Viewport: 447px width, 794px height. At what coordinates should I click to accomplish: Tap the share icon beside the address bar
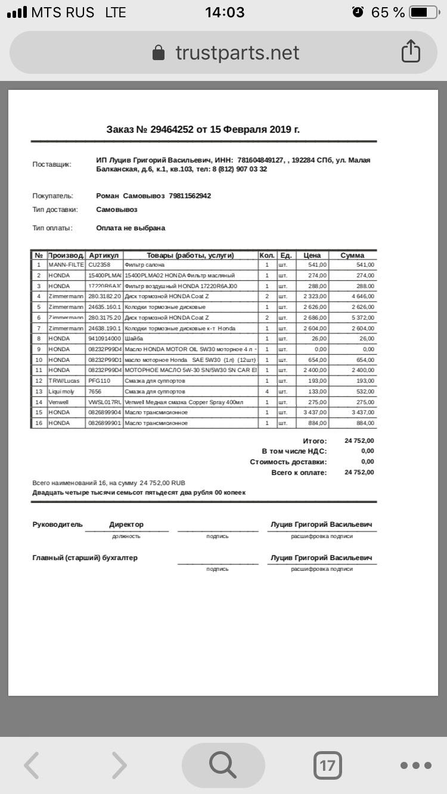click(411, 52)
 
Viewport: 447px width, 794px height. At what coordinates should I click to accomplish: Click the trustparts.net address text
click(237, 53)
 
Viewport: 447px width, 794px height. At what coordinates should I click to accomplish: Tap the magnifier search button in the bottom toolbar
click(223, 765)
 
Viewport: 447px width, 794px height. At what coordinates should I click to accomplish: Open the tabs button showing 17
click(327, 765)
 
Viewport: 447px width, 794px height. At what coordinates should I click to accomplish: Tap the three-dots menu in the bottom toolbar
click(415, 765)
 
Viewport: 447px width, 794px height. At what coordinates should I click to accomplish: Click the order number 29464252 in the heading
click(172, 129)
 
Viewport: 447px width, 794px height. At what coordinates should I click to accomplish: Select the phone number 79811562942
click(190, 196)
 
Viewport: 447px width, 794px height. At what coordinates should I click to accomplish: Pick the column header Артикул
click(104, 255)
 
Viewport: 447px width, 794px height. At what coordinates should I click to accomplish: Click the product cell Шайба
click(134, 339)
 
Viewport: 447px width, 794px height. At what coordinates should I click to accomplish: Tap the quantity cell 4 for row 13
click(267, 392)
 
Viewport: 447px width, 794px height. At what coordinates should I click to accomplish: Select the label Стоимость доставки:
click(288, 462)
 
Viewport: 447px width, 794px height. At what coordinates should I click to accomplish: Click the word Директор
click(126, 525)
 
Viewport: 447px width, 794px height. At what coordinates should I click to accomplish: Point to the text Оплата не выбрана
click(131, 228)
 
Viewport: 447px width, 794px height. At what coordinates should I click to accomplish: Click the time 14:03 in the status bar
click(225, 12)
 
